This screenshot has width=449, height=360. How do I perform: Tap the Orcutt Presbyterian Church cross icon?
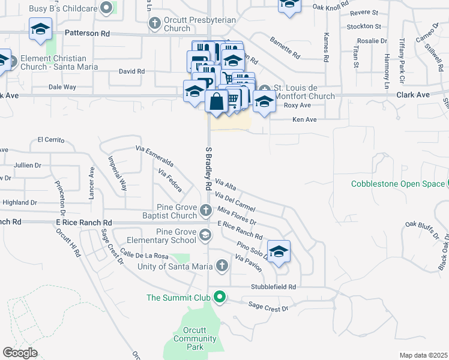point(154,23)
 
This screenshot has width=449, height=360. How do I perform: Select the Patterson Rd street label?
point(86,34)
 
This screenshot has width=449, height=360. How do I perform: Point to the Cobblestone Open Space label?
point(397,184)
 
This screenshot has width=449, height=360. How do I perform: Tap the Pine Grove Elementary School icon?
point(206,235)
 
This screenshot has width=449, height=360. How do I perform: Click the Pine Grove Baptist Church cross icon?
point(206,210)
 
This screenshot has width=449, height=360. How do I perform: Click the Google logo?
point(20,352)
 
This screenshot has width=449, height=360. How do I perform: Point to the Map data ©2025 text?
point(423,355)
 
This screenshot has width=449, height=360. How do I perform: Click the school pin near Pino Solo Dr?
point(279,252)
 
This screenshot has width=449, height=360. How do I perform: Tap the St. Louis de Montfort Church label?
point(304,92)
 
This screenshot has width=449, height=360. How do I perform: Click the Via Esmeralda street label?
point(155,156)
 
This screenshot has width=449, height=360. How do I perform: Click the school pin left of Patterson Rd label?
point(41,29)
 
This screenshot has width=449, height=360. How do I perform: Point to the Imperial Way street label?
point(118,173)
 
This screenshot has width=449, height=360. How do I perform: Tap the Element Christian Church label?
point(52,63)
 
